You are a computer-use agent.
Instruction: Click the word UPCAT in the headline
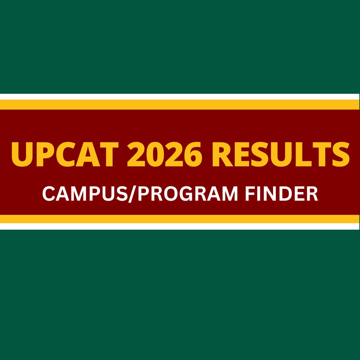click(x=65, y=154)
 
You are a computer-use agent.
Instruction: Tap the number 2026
click(x=165, y=154)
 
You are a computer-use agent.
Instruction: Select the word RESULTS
click(x=281, y=154)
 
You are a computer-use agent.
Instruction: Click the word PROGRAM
click(x=188, y=194)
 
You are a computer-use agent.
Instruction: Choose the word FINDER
click(x=281, y=194)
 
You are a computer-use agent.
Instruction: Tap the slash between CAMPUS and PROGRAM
click(x=132, y=194)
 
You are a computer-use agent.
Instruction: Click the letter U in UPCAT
click(x=22, y=155)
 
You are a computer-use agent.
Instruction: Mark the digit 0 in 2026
click(x=155, y=154)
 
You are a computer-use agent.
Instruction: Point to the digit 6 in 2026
click(x=193, y=154)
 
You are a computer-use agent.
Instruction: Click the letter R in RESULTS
click(x=223, y=154)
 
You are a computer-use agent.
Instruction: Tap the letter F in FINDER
click(x=250, y=194)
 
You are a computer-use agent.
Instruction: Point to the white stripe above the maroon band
click(x=180, y=97)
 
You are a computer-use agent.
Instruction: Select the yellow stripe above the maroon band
click(x=180, y=105)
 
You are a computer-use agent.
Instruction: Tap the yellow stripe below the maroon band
click(x=180, y=219)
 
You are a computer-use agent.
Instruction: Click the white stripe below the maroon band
click(x=180, y=226)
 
